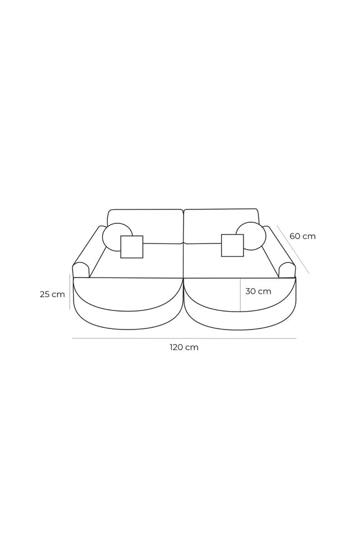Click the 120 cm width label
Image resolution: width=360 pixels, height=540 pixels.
coord(184,347)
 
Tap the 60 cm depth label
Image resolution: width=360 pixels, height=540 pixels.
coord(303,236)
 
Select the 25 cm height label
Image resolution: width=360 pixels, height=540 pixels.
coord(52,294)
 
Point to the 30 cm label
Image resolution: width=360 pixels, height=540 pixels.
coord(258,291)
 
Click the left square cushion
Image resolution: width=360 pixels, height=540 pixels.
coord(132,247)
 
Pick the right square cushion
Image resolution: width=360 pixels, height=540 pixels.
coord(232,246)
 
